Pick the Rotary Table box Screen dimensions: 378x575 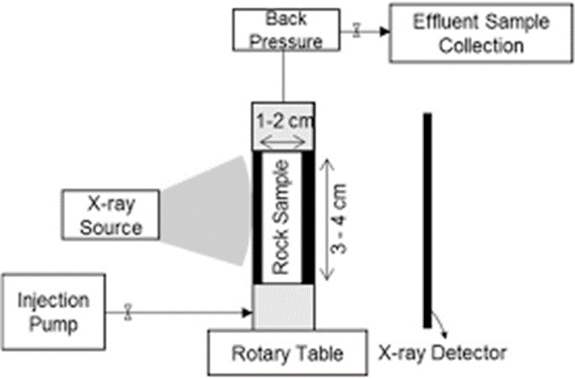pos(288,354)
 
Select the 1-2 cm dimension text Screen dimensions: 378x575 pos(284,122)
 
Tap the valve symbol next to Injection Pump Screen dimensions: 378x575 pos(128,309)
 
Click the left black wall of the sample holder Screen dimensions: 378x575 pos(258,217)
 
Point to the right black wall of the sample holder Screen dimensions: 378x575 pos(309,217)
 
